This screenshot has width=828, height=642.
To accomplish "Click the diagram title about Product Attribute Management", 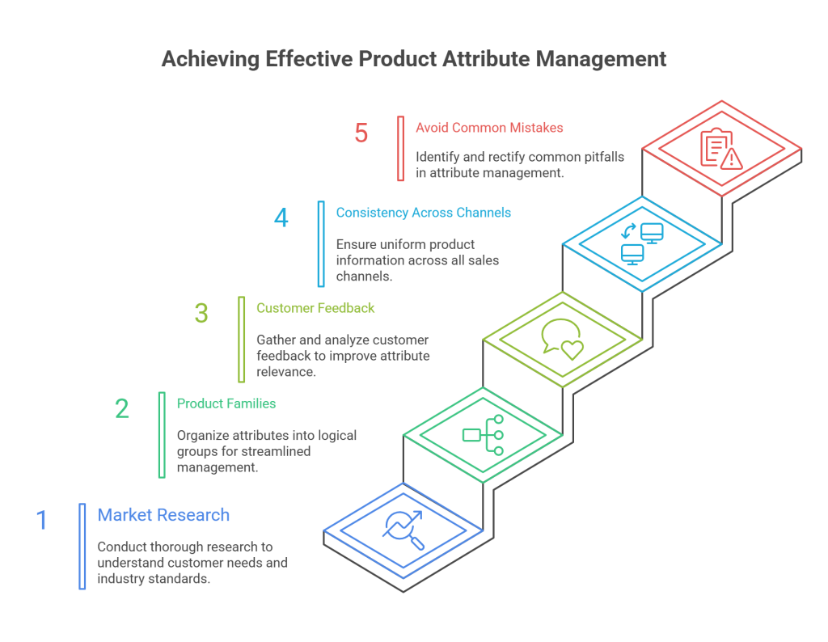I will [414, 60].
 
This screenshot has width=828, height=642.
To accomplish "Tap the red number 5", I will [361, 133].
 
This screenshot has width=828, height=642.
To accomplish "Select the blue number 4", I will [281, 218].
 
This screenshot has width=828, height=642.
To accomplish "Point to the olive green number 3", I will [201, 313].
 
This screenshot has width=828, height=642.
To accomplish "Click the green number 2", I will [122, 408].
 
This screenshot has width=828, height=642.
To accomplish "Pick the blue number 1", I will [42, 520].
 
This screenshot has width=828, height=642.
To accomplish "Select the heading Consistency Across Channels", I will [423, 213].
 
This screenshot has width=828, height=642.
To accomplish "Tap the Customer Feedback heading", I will [315, 308].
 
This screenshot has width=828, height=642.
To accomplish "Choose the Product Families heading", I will [226, 403].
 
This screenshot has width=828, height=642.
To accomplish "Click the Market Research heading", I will [163, 515].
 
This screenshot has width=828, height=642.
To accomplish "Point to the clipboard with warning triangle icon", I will [721, 150].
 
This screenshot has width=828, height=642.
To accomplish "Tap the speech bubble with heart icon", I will [562, 337].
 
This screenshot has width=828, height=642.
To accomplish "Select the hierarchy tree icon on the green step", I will [483, 435].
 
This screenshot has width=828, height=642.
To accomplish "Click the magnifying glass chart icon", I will [403, 530].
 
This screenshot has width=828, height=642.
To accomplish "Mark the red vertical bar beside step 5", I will [400, 149].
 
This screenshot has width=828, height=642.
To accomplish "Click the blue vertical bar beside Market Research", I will [82, 546].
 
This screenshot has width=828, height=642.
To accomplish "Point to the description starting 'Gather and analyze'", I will [343, 356].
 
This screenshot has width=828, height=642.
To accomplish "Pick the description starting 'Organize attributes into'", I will [267, 451].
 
